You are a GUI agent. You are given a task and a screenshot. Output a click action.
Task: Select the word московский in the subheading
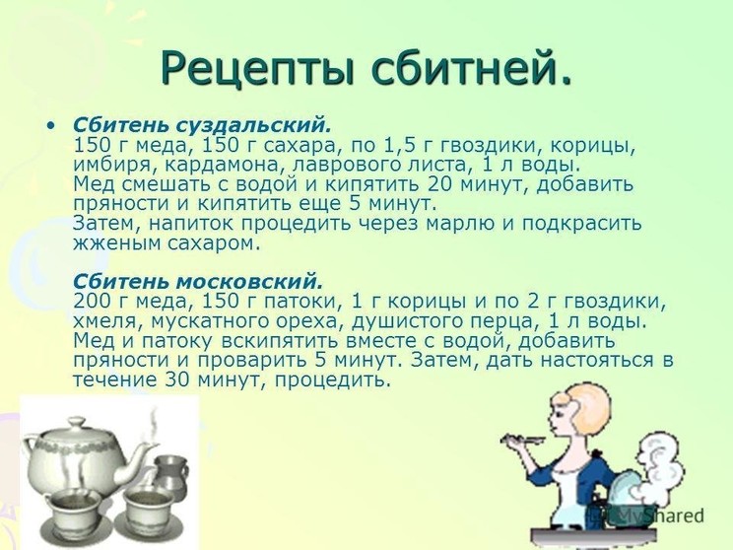click(249, 282)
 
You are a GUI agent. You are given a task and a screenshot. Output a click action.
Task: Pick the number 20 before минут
click(439, 184)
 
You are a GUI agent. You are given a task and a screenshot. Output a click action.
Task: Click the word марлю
click(459, 224)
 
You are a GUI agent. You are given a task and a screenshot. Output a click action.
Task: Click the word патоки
click(300, 303)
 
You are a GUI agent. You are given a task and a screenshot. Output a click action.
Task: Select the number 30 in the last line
click(177, 379)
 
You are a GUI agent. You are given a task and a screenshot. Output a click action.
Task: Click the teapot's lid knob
click(77, 421)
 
